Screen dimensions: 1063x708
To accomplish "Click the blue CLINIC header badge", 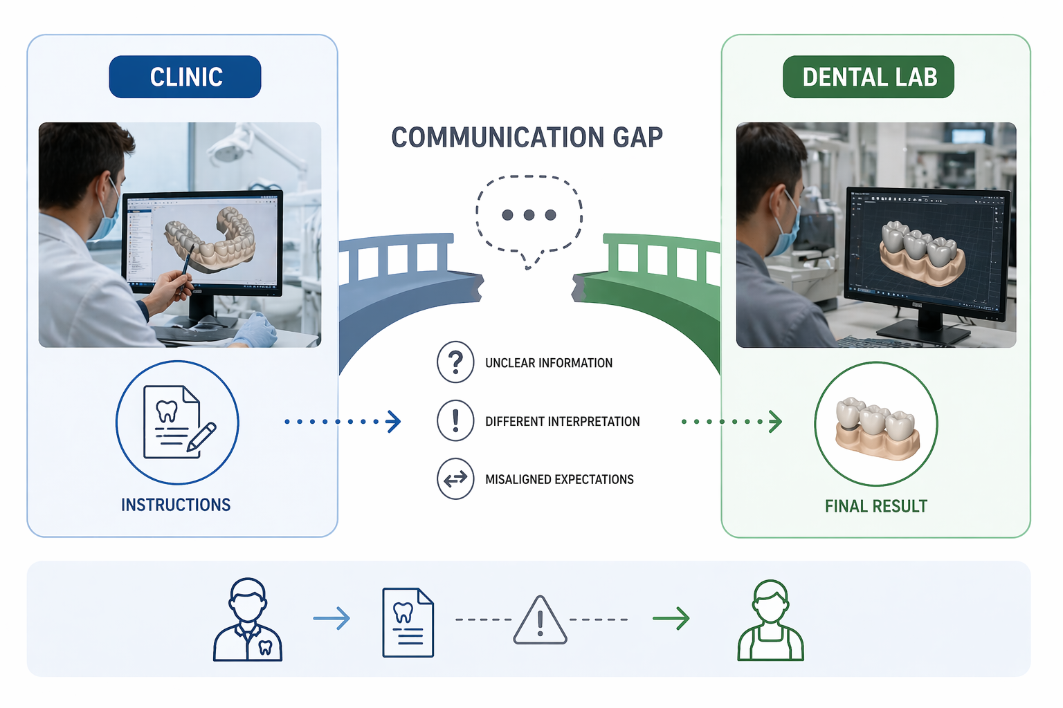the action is (185, 77).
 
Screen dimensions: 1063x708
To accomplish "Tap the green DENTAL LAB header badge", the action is (869, 77).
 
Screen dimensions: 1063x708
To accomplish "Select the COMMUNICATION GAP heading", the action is (527, 138).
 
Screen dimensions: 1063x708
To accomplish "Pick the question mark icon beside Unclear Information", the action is (455, 362).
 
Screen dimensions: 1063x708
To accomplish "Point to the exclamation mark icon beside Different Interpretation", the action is (455, 420).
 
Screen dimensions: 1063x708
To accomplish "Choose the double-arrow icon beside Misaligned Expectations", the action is (455, 479).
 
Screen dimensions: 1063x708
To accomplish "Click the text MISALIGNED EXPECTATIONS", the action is (559, 479).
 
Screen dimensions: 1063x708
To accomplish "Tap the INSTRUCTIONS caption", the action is (176, 505).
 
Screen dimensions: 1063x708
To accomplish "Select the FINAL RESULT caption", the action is (876, 506).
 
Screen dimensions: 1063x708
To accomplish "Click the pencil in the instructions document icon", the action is (201, 436).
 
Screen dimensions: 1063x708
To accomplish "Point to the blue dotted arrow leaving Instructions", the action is (343, 422).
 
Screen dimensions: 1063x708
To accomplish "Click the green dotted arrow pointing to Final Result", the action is (732, 422).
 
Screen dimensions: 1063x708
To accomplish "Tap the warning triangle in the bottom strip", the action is (540, 620).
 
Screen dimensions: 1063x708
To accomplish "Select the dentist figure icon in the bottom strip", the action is (247, 619).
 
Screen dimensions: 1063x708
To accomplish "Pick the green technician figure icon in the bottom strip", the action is (771, 620).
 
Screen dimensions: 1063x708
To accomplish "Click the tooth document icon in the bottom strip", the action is (408, 623).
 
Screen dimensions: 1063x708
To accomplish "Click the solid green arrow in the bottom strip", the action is (671, 618).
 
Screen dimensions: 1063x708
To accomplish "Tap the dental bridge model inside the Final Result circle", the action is (878, 429).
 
